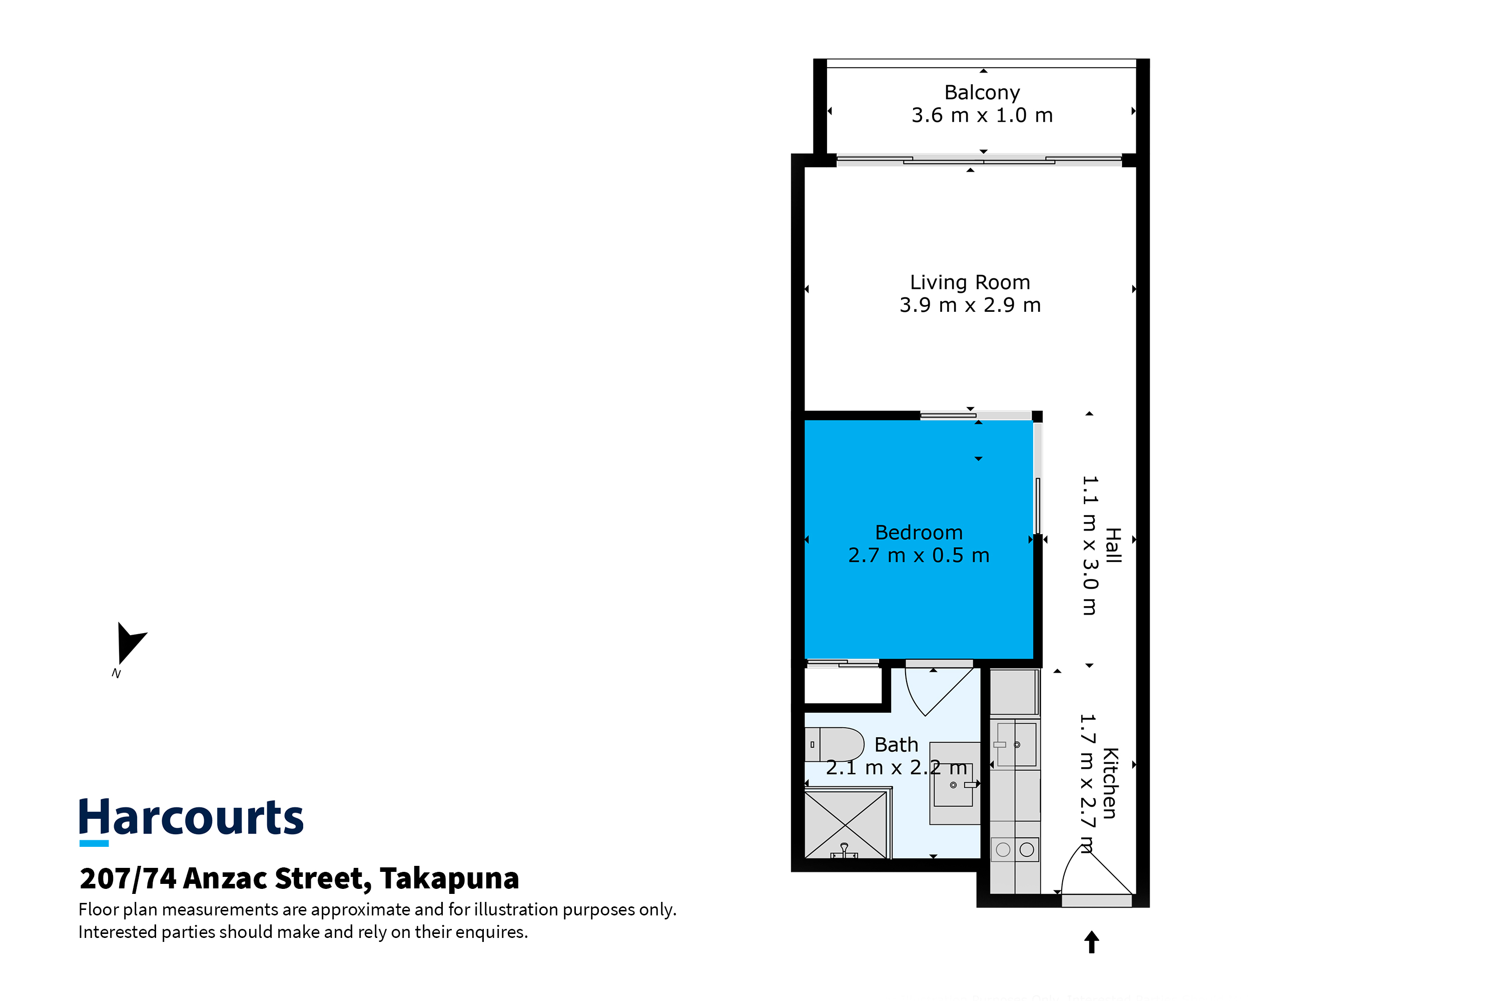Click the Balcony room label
(982, 93)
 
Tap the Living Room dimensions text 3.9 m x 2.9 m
(970, 305)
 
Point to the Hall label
(1113, 545)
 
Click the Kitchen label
(1110, 783)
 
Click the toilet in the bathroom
(834, 744)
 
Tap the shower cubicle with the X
(846, 825)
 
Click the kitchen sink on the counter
(1016, 744)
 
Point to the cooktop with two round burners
(1015, 850)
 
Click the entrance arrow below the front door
(1092, 941)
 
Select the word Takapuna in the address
(449, 878)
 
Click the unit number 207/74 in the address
(128, 878)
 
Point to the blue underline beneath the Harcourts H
(94, 843)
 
